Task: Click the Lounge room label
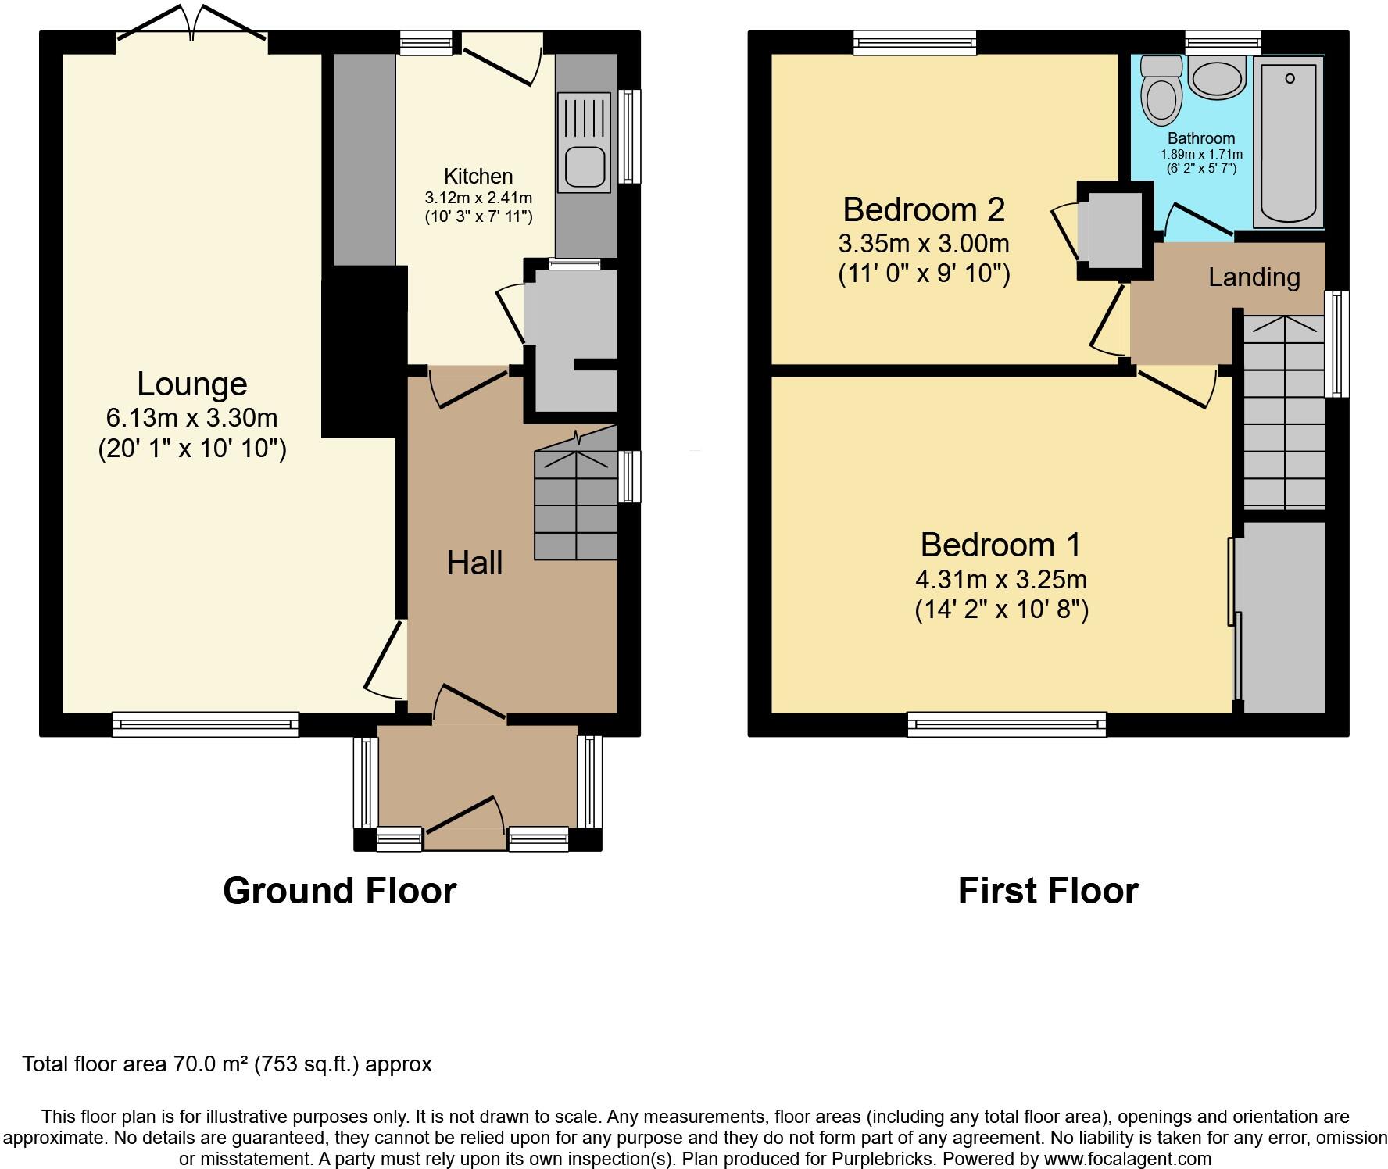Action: [192, 384]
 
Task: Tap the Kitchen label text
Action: [478, 177]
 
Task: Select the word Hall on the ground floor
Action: [474, 563]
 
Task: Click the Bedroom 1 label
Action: [1001, 545]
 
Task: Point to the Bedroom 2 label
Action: [924, 209]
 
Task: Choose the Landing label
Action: [1254, 277]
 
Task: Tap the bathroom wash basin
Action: [1217, 78]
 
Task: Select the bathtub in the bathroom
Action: [1290, 142]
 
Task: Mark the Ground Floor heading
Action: [339, 891]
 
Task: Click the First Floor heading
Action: [1048, 891]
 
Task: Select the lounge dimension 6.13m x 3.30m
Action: [192, 418]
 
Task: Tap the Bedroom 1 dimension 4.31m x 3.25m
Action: [1001, 580]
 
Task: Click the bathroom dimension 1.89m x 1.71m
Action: [1201, 155]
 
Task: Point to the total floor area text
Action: [227, 1064]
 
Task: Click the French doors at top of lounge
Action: [191, 23]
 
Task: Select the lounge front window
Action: [206, 724]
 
